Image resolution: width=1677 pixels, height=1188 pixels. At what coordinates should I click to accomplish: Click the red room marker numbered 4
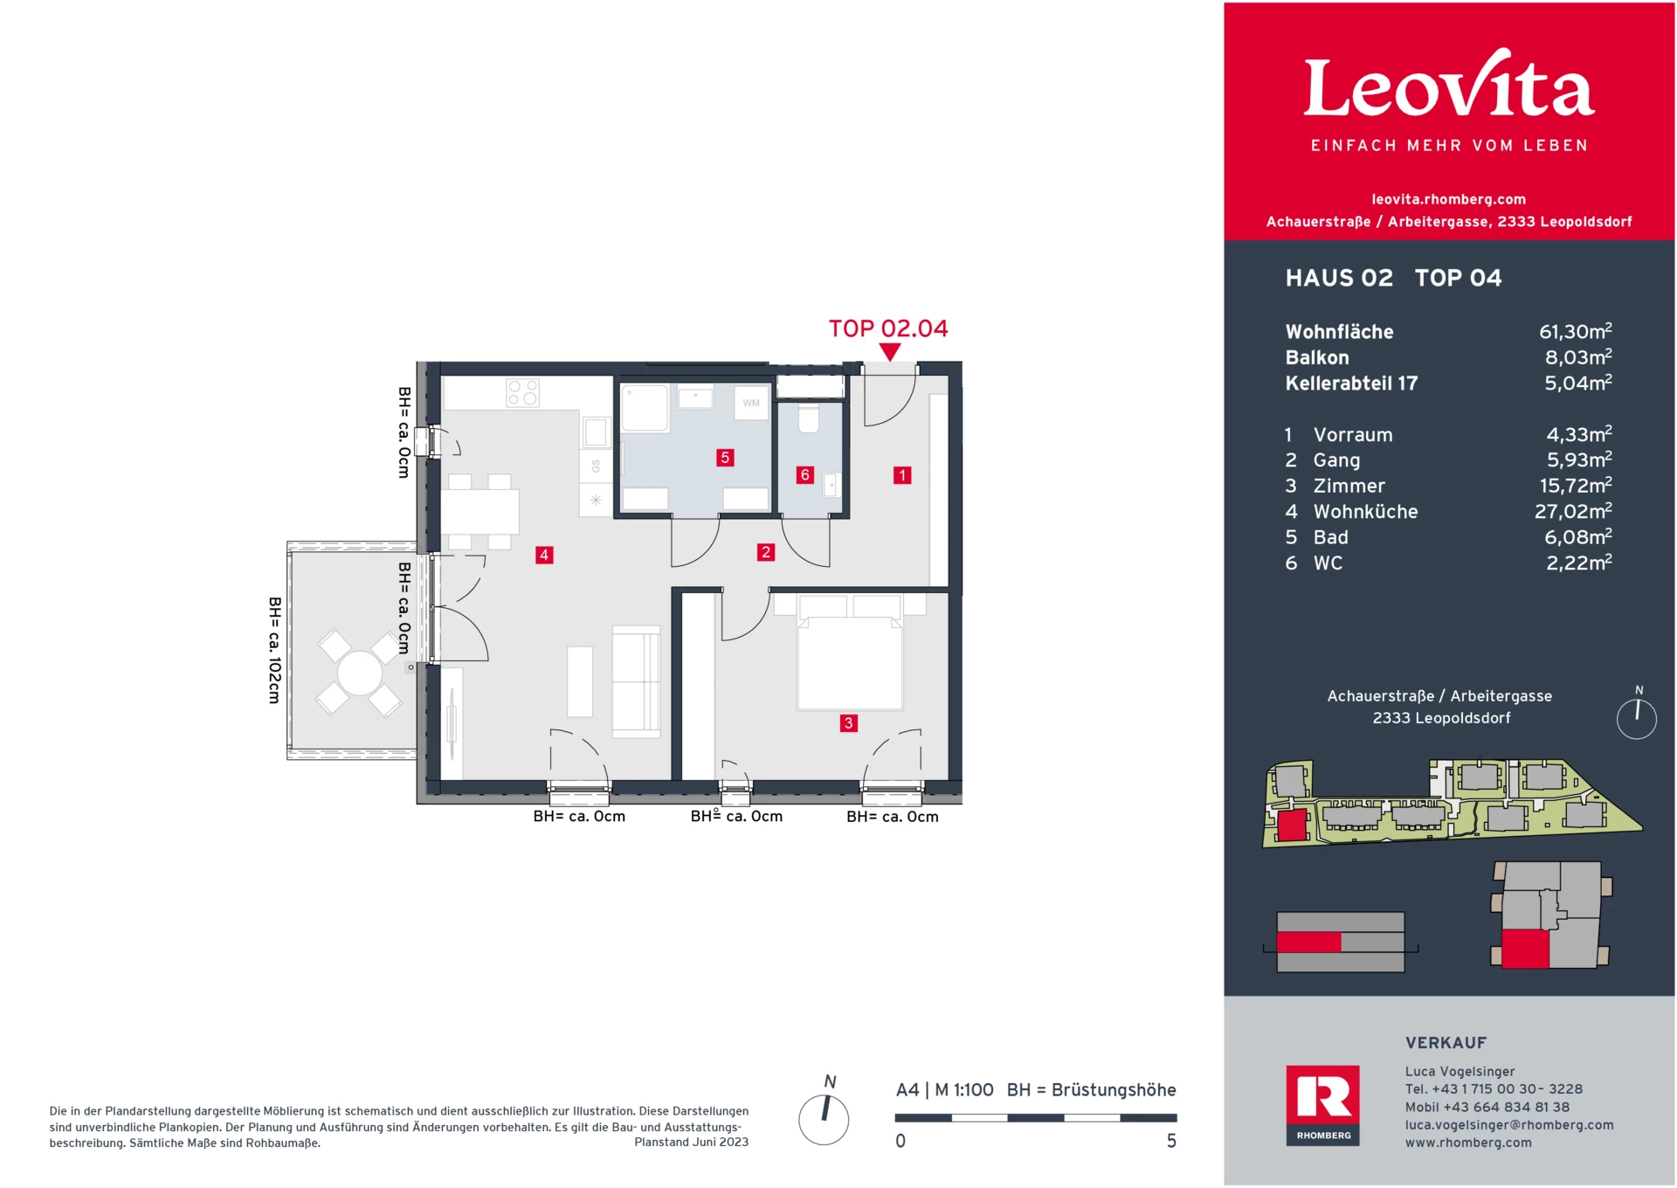(x=544, y=555)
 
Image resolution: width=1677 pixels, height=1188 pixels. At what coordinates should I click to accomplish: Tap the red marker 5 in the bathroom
(x=725, y=458)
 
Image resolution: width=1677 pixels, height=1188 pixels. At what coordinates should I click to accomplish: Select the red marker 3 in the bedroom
(x=848, y=723)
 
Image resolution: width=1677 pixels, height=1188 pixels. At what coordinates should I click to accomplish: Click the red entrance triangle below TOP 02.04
(x=889, y=352)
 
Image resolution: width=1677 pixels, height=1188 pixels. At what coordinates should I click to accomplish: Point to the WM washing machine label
(x=751, y=404)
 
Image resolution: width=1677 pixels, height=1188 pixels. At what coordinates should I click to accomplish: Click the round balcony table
(x=359, y=673)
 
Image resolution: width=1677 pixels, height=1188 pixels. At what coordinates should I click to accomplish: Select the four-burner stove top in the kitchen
(x=523, y=393)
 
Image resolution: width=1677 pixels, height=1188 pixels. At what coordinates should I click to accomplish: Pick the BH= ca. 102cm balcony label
(x=274, y=650)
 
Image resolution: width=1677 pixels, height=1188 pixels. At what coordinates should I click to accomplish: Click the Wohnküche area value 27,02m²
(x=1573, y=512)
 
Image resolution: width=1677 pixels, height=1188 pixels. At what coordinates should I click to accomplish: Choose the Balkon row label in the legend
(x=1317, y=358)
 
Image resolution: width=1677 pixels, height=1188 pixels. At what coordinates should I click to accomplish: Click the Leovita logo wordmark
(x=1449, y=87)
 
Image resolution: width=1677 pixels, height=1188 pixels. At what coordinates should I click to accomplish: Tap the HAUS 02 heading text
(x=1339, y=279)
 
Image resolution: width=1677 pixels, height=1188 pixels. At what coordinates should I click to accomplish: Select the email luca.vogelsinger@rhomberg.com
(x=1508, y=1125)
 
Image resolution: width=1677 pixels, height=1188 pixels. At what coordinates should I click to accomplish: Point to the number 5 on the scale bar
(x=1171, y=1141)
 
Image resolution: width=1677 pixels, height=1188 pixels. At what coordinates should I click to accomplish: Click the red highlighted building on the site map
(x=1291, y=825)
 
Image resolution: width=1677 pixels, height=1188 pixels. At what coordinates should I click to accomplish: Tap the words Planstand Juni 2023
(x=691, y=1142)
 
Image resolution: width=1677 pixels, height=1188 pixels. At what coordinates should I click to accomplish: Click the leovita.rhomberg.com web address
(x=1448, y=199)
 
